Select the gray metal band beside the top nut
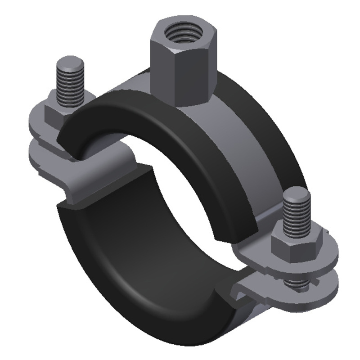[243, 135]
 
